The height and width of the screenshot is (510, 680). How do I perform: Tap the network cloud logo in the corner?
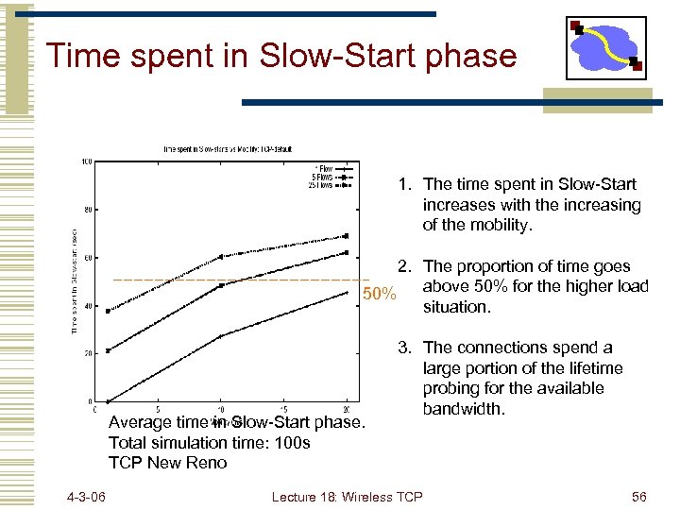(605, 47)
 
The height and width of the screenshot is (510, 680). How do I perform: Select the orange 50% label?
(380, 295)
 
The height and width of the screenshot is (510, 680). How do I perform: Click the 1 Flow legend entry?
(329, 169)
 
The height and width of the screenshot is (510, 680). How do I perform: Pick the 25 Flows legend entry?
(325, 185)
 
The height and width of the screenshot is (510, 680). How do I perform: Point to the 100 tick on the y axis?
(86, 161)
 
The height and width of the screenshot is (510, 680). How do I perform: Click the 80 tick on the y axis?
(87, 210)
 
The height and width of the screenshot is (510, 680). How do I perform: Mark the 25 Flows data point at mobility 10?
(222, 256)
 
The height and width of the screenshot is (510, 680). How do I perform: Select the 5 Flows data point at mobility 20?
(347, 253)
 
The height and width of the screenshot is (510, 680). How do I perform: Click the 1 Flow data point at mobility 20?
(347, 292)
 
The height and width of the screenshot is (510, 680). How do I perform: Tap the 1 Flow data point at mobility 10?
(222, 336)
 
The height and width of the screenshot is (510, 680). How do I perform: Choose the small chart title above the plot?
(231, 148)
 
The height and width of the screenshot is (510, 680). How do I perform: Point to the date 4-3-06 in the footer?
(86, 497)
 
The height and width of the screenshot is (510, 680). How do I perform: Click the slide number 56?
(638, 497)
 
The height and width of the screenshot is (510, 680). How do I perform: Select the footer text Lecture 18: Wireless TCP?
(347, 497)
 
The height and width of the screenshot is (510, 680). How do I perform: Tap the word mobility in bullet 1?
(502, 226)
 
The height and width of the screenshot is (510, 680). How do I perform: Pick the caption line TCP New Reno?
(167, 463)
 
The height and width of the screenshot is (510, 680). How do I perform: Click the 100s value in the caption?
(291, 442)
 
